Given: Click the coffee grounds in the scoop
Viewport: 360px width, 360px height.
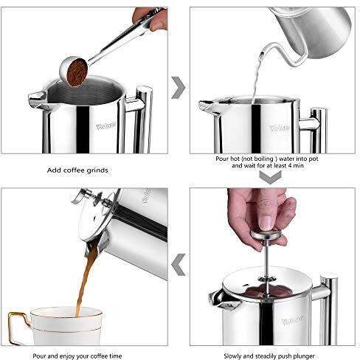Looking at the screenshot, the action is click(x=77, y=72).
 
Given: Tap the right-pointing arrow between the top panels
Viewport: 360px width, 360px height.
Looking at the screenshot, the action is click(x=179, y=88).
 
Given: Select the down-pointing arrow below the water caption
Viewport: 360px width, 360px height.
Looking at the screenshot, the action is click(x=270, y=177).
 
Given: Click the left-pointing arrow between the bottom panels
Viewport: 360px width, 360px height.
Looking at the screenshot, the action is click(x=179, y=265).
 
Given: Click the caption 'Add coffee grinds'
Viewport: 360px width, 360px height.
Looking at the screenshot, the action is click(x=77, y=170).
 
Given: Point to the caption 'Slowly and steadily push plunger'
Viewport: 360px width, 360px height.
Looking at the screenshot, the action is click(x=269, y=356).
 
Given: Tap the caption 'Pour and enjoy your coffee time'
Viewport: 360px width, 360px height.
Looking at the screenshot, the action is click(x=77, y=356).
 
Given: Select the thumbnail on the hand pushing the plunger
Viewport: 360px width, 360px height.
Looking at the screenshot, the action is click(x=266, y=223).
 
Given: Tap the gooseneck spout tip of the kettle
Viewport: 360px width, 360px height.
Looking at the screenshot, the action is click(x=262, y=53).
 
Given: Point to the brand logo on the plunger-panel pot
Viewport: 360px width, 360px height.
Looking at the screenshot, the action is click(x=292, y=320).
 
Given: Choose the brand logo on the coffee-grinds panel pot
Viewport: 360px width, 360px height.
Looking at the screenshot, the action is click(x=105, y=126).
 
